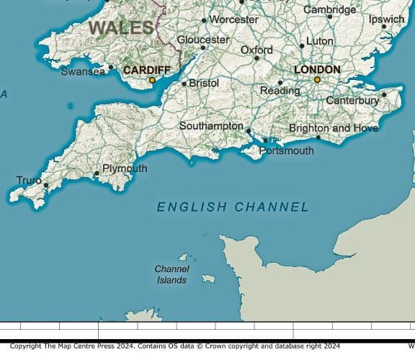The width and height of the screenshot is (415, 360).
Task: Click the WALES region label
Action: [121, 28]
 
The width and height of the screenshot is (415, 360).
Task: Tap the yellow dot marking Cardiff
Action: [152, 81]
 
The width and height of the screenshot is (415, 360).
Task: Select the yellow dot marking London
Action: [317, 80]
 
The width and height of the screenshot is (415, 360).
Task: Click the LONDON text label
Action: [317, 70]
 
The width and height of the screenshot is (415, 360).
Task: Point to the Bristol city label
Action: [204, 84]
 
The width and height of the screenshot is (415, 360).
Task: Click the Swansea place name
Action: [83, 71]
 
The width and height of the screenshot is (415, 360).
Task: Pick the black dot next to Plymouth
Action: [97, 174]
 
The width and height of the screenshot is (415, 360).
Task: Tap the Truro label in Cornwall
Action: [29, 180]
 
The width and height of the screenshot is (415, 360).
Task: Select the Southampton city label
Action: [211, 126]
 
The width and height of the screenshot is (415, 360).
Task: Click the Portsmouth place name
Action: [286, 151]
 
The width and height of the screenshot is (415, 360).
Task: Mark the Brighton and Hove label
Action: [333, 128]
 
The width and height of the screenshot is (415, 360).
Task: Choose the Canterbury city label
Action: [352, 101]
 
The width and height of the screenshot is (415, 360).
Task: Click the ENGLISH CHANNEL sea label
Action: [233, 207]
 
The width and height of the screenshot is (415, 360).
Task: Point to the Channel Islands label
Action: [171, 274]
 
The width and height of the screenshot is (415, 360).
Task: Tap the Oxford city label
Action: [256, 50]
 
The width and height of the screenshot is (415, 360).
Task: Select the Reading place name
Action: [280, 91]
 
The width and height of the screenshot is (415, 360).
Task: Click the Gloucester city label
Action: [203, 40]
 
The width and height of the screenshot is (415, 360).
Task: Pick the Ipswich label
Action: [386, 19]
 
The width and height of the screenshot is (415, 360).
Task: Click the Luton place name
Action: [320, 42]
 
